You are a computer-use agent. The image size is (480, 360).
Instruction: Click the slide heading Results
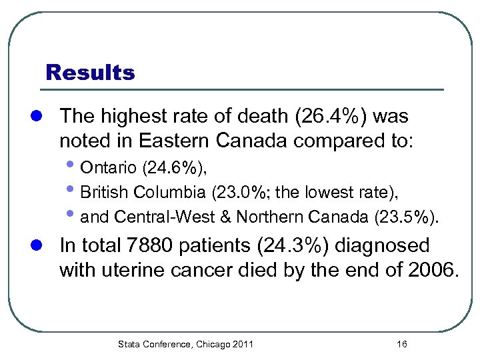pyautogui.click(x=89, y=72)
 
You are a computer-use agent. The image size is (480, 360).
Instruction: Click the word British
pyautogui.click(x=105, y=193)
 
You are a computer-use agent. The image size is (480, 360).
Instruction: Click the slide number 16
pyautogui.click(x=401, y=344)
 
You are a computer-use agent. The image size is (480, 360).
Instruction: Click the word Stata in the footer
pyautogui.click(x=129, y=344)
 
